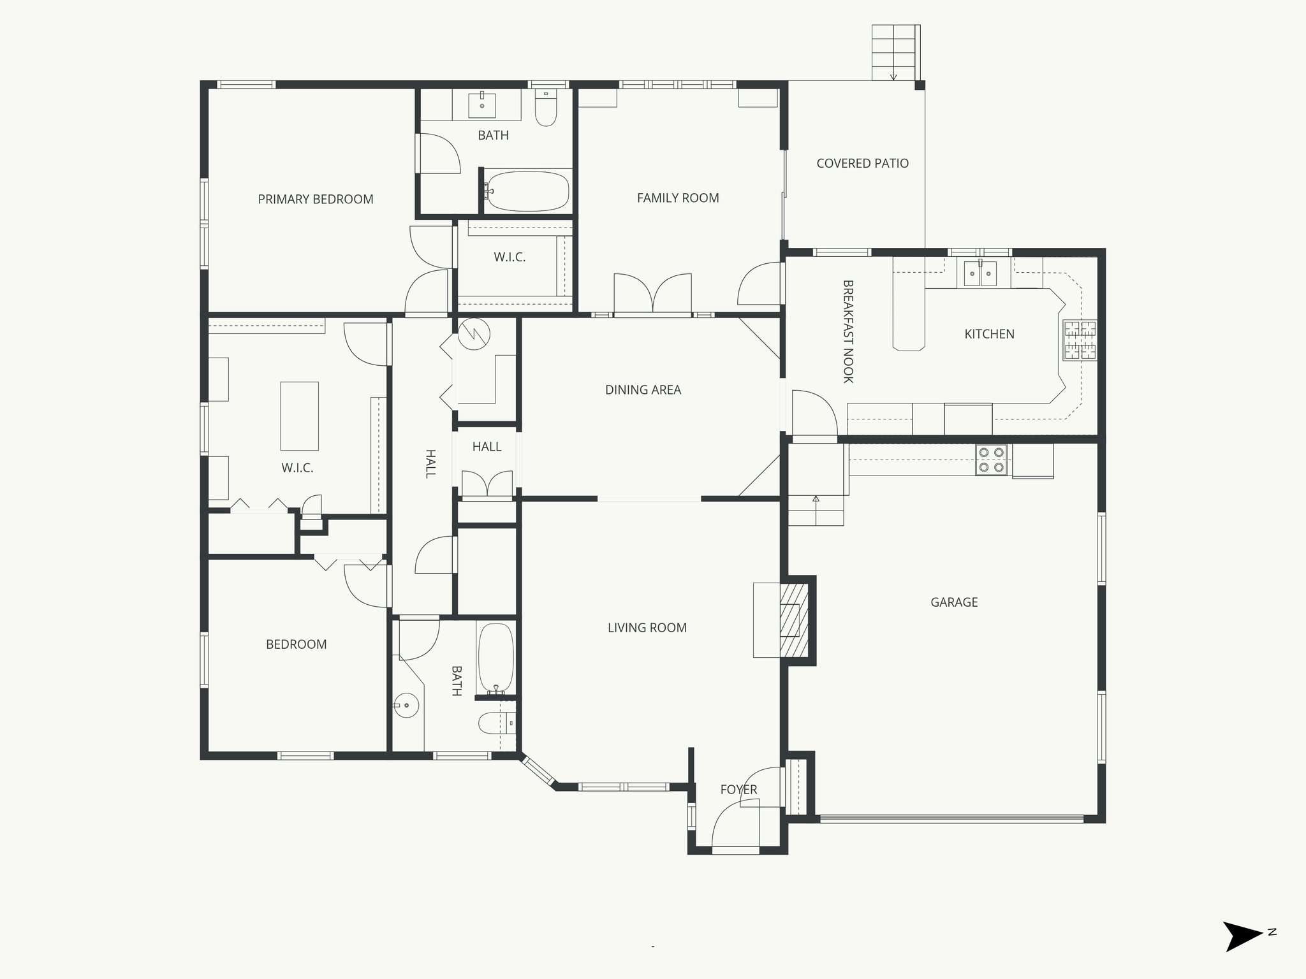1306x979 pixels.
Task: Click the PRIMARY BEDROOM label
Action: coord(316,199)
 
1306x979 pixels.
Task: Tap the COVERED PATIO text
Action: coord(862,163)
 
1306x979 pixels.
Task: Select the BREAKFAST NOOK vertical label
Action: coord(847,331)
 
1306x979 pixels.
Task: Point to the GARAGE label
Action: coord(954,602)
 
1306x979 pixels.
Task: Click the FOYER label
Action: coord(738,790)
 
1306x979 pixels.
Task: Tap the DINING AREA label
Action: coord(643,389)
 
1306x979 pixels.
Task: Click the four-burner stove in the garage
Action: coord(992,460)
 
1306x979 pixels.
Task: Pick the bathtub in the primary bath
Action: coord(527,191)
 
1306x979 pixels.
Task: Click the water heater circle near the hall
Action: coord(473,335)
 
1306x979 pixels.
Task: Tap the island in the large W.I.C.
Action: coord(299,416)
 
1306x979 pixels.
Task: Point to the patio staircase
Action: coord(894,52)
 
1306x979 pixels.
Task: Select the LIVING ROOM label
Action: coord(647,628)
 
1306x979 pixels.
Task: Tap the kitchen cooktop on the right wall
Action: coord(1079,340)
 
